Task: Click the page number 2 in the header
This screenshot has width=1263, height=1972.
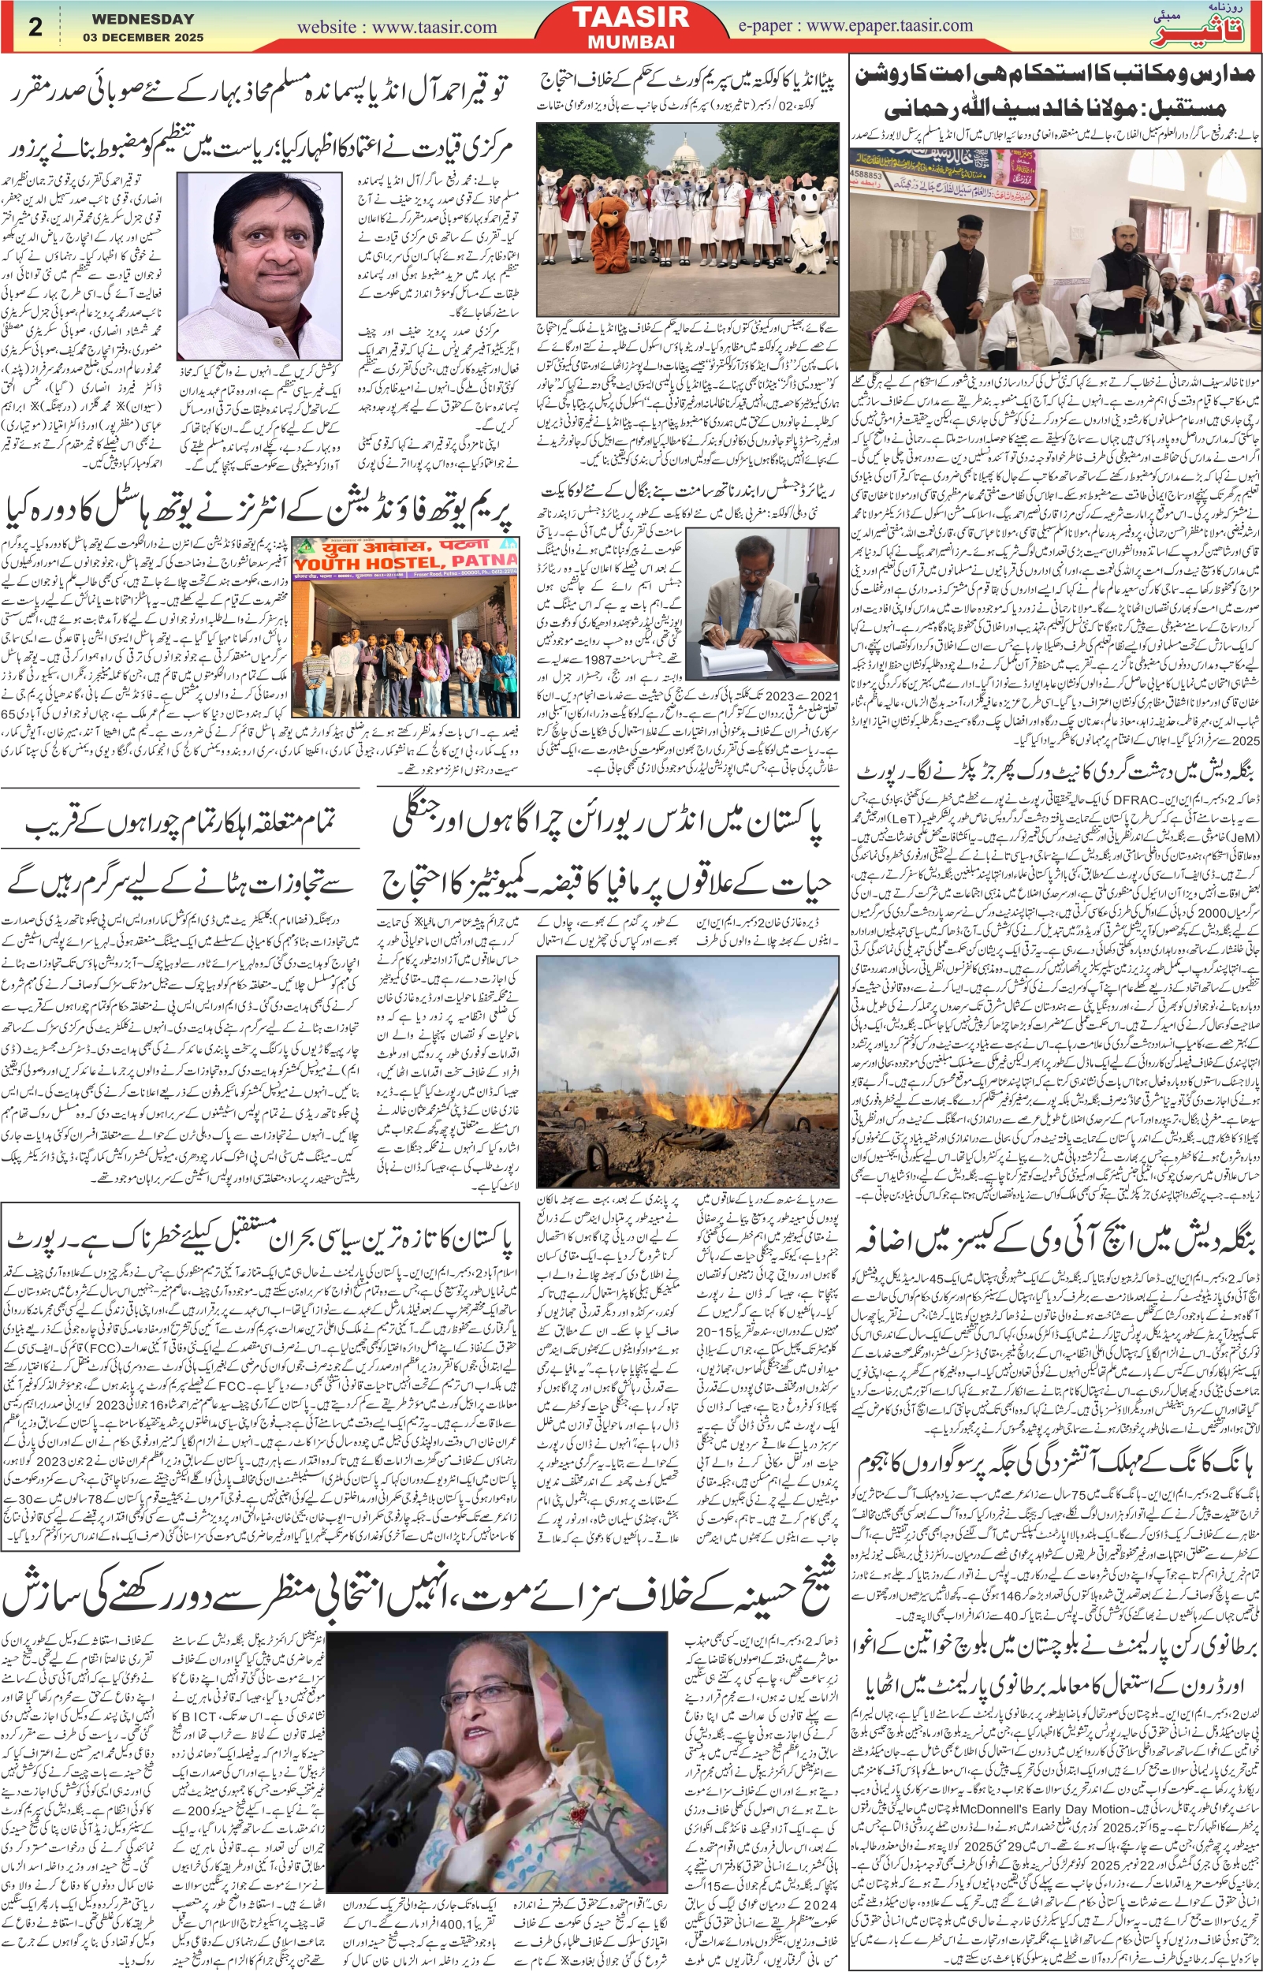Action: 35,27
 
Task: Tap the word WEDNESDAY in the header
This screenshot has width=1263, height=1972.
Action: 143,18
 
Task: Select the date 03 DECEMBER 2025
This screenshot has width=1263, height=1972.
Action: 143,37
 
